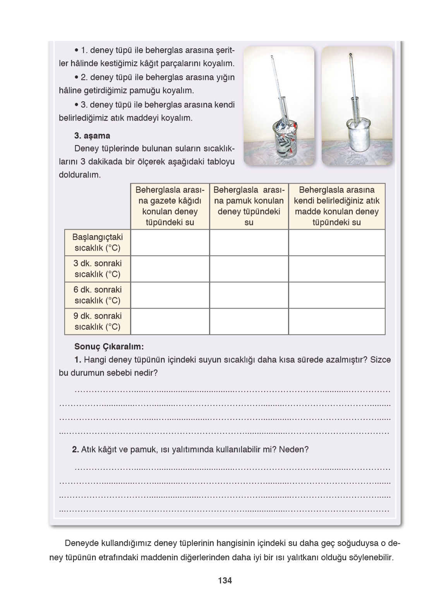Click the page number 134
pyautogui.click(x=225, y=580)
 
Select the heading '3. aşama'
pyautogui.click(x=92, y=136)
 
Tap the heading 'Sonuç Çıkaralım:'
pyautogui.click(x=109, y=346)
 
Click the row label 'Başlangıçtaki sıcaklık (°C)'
pyautogui.click(x=98, y=242)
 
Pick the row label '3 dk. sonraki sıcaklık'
pyautogui.click(x=98, y=269)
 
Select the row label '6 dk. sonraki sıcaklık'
pyautogui.click(x=98, y=295)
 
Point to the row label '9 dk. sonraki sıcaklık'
pyautogui.click(x=98, y=321)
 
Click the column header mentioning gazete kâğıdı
pyautogui.click(x=170, y=206)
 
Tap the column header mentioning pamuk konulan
pyautogui.click(x=249, y=206)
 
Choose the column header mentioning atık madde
pyautogui.click(x=337, y=206)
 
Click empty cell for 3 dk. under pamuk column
pyautogui.click(x=249, y=269)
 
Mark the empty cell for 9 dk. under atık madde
pyautogui.click(x=337, y=321)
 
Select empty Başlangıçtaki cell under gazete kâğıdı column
pyautogui.click(x=170, y=242)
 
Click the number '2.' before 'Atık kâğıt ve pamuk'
pyautogui.click(x=75, y=449)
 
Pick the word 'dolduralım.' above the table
pyautogui.click(x=80, y=175)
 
